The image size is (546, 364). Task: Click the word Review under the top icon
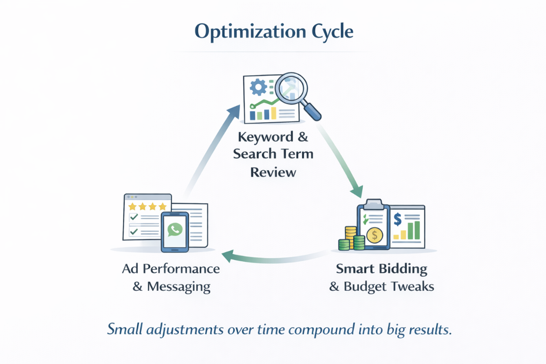[273, 172]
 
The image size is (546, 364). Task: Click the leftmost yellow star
[132, 206]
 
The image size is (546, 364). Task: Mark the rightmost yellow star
[162, 206]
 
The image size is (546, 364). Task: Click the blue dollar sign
[398, 218]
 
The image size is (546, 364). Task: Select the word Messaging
[178, 286]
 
